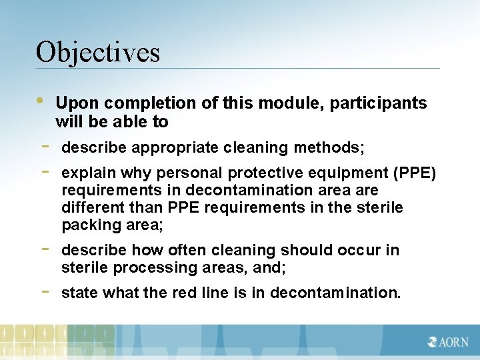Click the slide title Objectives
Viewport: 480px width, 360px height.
[98, 52]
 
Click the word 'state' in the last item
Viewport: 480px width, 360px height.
[79, 293]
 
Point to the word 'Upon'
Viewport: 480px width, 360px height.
[77, 103]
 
